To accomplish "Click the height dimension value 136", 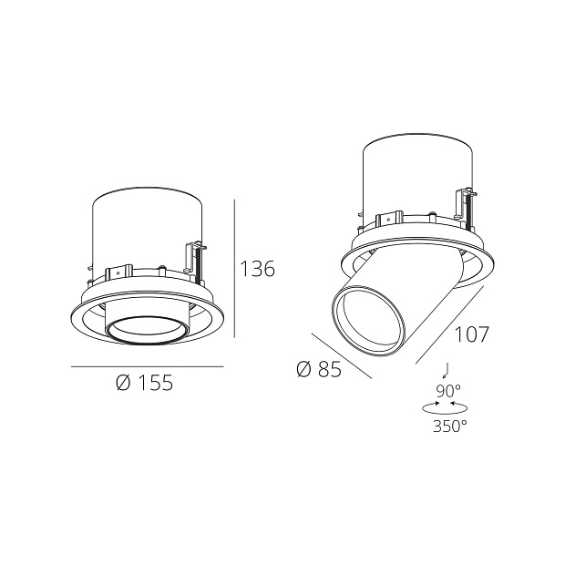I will point(257,269).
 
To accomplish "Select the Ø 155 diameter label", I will point(145,384).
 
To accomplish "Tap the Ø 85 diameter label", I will point(319,369).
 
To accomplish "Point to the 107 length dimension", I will point(471,334).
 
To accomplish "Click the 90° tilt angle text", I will point(449,391).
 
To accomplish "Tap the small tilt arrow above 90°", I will point(445,370).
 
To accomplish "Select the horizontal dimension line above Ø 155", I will point(147,366).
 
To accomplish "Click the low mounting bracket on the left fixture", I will point(116,272).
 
